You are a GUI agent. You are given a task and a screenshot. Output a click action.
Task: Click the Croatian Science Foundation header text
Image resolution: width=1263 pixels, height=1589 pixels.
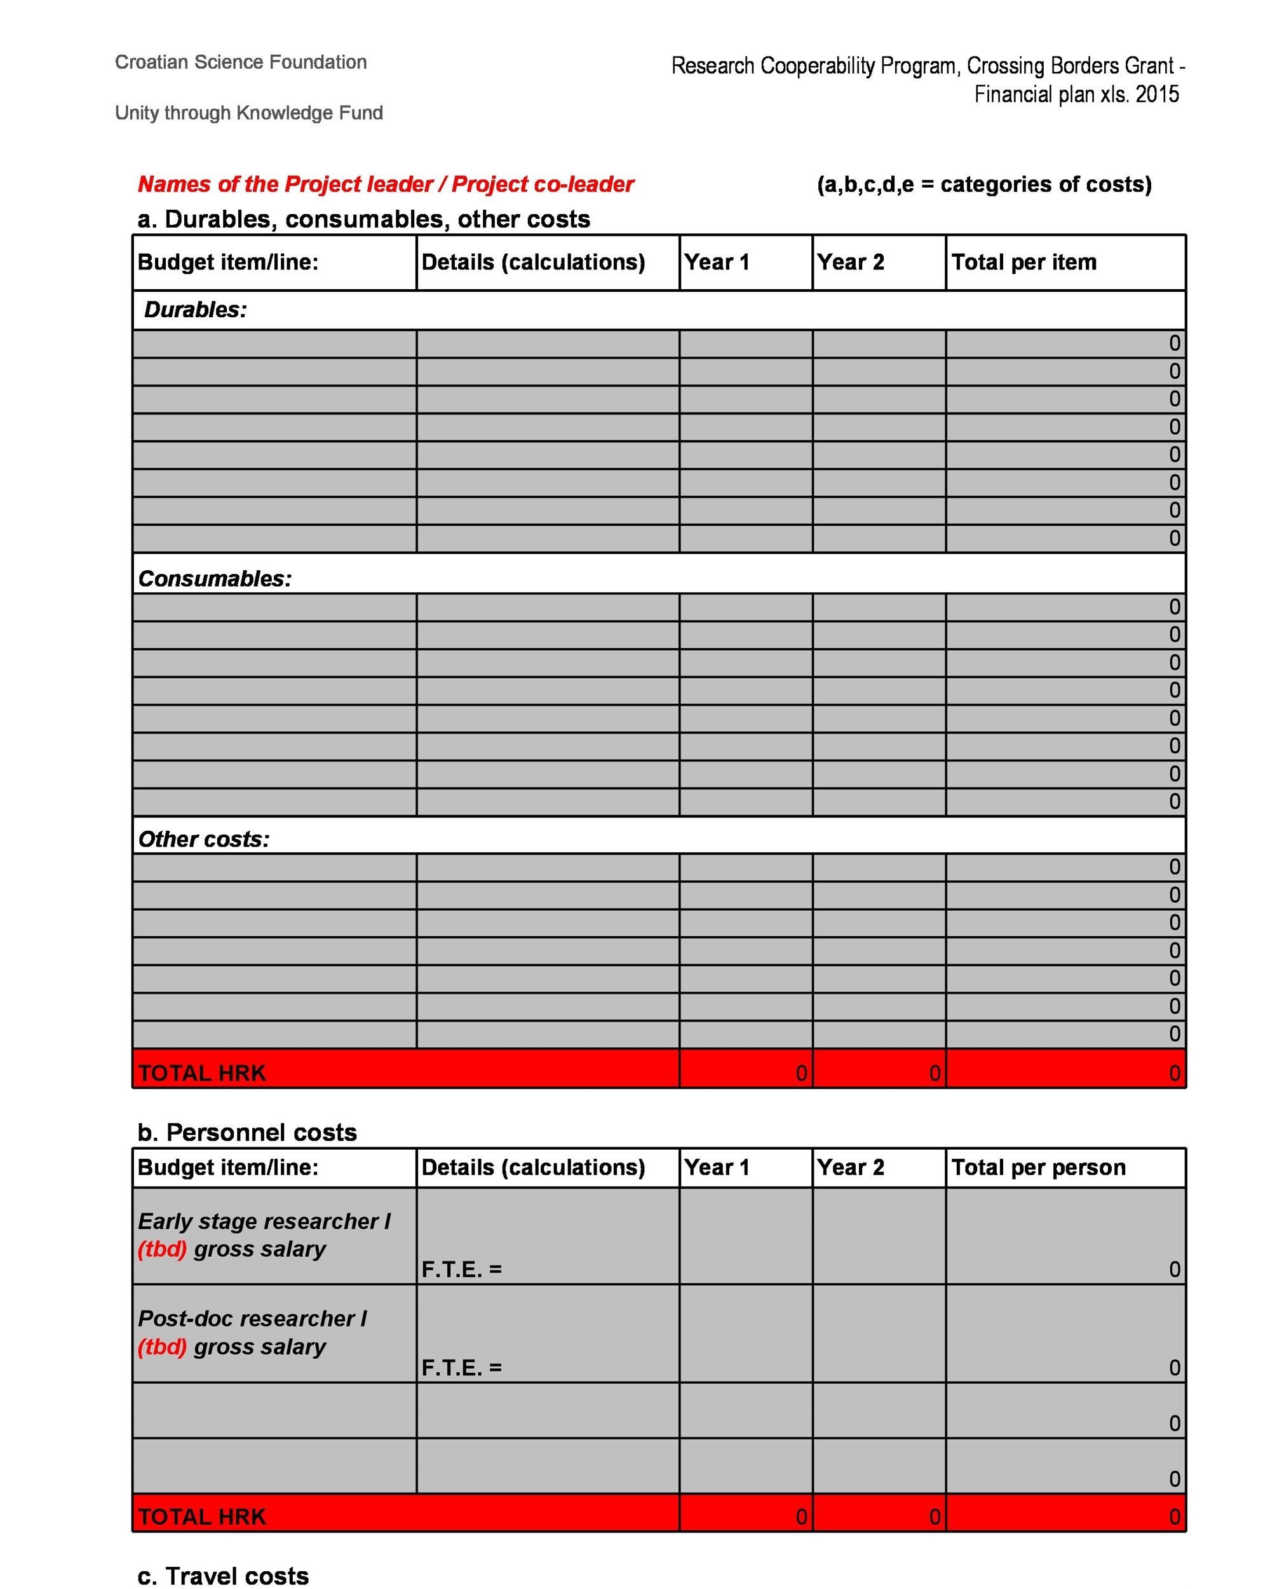coord(240,62)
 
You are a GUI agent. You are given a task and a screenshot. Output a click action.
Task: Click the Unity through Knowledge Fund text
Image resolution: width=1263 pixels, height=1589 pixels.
coord(248,113)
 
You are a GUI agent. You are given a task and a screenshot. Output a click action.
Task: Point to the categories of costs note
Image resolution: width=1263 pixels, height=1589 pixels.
coord(983,184)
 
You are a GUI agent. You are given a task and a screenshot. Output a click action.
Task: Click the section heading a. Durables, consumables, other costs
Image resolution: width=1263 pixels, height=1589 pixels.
coord(363,219)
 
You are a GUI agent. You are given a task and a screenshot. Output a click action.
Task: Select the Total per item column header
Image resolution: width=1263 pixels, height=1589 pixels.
coord(1023,263)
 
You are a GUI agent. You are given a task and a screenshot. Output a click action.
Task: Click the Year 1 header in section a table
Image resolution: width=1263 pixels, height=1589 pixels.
coord(715,263)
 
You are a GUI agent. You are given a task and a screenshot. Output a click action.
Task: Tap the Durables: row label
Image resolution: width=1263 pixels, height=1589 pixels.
coord(195,310)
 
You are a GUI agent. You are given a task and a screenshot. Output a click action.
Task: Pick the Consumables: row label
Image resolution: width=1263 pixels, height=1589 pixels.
coord(215,578)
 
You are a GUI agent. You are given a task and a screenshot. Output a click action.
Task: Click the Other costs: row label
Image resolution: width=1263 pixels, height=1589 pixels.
coord(203,840)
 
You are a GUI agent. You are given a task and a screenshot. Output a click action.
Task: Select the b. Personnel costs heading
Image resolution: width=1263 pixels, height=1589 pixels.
coord(247,1132)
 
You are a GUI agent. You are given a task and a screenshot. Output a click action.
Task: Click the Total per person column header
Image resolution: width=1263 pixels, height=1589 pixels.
coord(1037,1168)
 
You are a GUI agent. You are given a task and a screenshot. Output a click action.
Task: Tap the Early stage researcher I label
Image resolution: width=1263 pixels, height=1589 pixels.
coord(264,1221)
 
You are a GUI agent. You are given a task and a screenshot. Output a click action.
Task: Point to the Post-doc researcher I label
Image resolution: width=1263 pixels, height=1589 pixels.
coord(252,1318)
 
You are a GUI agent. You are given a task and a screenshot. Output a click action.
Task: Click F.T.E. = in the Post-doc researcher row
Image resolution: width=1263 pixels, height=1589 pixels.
coord(461,1367)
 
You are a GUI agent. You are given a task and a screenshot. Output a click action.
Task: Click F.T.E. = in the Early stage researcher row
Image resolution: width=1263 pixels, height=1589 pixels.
coord(461,1269)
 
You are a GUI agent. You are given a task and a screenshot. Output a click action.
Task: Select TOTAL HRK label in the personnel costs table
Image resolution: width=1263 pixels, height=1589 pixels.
coord(201,1517)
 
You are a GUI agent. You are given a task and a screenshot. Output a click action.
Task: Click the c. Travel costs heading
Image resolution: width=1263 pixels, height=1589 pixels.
coord(222,1576)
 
